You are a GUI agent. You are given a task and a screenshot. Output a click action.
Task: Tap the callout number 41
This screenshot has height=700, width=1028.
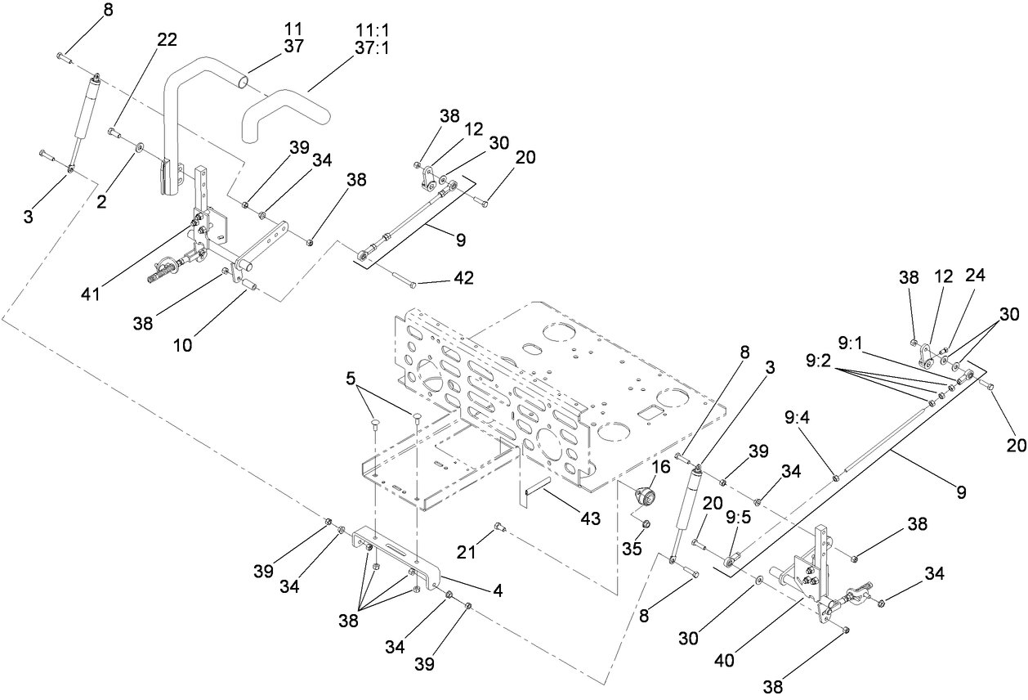click(91, 292)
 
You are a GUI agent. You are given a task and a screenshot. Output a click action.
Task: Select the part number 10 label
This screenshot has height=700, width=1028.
click(182, 345)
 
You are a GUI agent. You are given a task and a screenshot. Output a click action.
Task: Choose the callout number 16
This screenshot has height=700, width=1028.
click(661, 466)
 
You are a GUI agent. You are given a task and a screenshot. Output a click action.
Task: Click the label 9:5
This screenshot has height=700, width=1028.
click(739, 516)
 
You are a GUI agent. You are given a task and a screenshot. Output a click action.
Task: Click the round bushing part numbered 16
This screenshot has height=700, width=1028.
click(646, 496)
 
